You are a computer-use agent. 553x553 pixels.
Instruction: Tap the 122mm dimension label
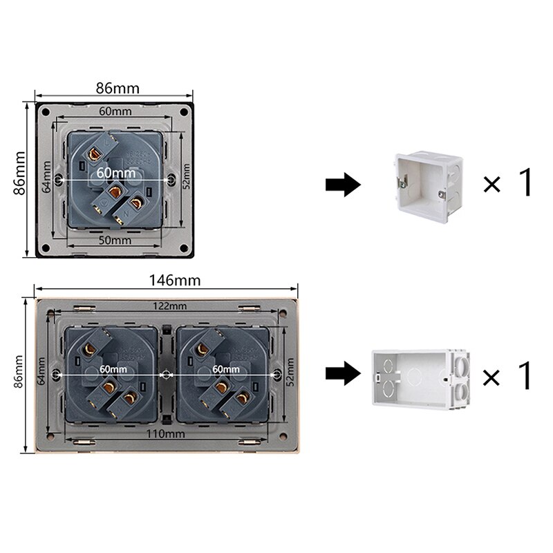coord(169,306)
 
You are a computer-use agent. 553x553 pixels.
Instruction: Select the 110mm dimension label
coord(167,433)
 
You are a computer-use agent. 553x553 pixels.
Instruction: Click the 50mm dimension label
coord(115,240)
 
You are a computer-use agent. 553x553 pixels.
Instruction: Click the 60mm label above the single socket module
coord(115,111)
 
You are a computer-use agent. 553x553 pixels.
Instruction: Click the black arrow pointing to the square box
coord(343,184)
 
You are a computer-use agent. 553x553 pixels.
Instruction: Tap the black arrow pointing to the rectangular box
coord(343,374)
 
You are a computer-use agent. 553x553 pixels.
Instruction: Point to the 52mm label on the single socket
coord(186,176)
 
